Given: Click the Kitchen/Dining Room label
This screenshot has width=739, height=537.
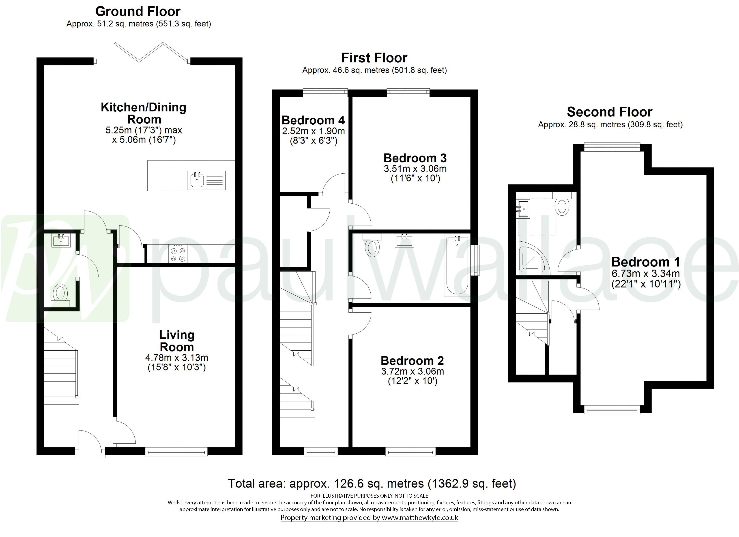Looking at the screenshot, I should tap(143, 113).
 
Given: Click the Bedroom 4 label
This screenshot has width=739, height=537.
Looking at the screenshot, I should tap(313, 120).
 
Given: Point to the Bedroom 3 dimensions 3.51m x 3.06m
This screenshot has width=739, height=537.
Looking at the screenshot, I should tap(415, 169).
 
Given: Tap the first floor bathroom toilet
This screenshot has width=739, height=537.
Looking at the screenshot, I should tap(372, 247).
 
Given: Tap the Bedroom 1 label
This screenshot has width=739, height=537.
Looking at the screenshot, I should tap(645, 262).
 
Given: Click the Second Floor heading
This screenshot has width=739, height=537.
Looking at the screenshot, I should tap(609, 112).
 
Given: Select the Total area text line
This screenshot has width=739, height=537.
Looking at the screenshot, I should tap(372, 484).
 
